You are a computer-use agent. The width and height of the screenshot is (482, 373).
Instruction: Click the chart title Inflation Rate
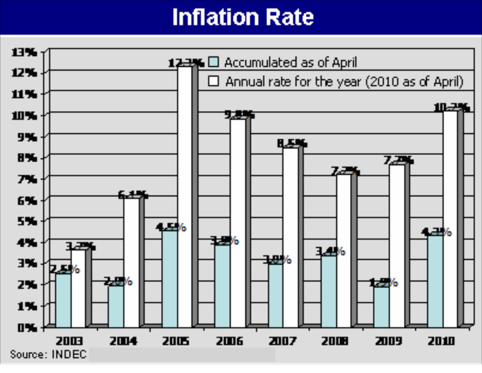click(242, 17)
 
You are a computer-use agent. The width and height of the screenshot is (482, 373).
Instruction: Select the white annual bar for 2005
click(184, 197)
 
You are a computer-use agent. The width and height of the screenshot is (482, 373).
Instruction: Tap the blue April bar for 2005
click(170, 279)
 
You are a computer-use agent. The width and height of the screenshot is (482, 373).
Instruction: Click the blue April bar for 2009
click(382, 307)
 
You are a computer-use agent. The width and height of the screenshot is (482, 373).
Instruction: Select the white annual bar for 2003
click(78, 288)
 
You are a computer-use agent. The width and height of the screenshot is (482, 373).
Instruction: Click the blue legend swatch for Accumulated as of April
click(214, 62)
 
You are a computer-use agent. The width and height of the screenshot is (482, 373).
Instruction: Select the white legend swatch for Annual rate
click(214, 81)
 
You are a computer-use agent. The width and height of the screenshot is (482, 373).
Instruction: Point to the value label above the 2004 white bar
click(132, 195)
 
